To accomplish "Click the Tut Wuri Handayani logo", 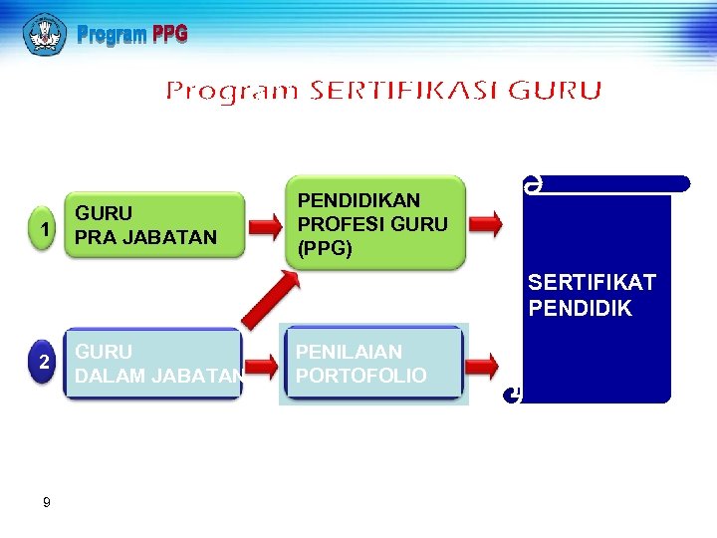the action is [x=45, y=35].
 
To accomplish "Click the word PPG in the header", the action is [x=169, y=36].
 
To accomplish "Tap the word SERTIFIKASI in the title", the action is [x=405, y=92].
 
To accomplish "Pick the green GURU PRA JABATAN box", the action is [x=155, y=225].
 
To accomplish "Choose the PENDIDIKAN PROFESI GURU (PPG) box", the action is [x=374, y=223].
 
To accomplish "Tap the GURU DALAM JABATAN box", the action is [x=153, y=364].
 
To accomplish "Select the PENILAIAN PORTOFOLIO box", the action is [x=372, y=364].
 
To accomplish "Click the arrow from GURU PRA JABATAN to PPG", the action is [x=264, y=226].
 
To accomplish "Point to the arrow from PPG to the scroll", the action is [x=485, y=224].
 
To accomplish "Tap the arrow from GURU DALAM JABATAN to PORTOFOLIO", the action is [x=263, y=366].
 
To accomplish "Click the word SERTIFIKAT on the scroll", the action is [x=592, y=284].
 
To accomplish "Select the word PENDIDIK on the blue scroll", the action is [x=580, y=309].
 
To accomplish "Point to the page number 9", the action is [x=47, y=503].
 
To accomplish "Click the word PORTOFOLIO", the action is [x=360, y=376].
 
